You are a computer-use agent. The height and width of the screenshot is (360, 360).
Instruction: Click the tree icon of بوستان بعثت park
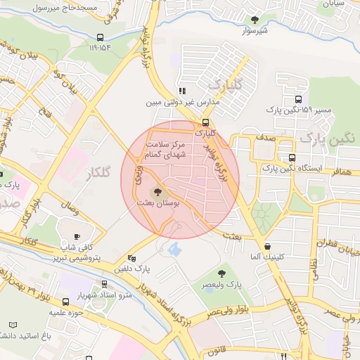tap(157, 191)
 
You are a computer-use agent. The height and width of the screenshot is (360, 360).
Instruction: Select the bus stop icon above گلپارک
tap(205, 121)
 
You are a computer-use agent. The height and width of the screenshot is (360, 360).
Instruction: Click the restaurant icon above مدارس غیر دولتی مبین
tap(182, 91)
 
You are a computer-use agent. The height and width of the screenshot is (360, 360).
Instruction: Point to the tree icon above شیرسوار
tap(255, 20)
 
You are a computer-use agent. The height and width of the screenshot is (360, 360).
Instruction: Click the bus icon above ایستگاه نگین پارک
tap(291, 158)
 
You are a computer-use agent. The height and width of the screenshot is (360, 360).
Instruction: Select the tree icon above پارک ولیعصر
tap(223, 274)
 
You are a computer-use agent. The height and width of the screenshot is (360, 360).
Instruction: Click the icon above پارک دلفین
tap(132, 257)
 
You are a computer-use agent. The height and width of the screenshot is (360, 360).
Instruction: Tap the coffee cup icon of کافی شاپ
tap(77, 236)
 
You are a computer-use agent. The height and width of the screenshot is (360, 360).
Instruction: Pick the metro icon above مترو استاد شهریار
tap(105, 284)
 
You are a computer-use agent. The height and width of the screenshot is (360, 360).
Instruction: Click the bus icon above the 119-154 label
tap(100, 38)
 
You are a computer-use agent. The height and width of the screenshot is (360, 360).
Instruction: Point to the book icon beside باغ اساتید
tap(13, 325)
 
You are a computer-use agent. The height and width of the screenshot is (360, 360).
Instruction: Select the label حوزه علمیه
tap(67, 311)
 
